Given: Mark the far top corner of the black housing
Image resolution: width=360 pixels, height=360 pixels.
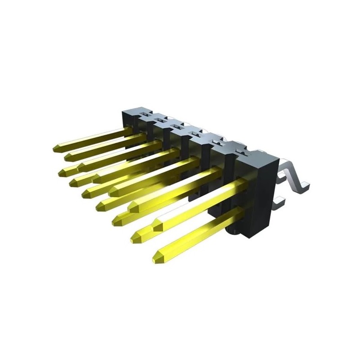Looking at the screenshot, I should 124,110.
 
